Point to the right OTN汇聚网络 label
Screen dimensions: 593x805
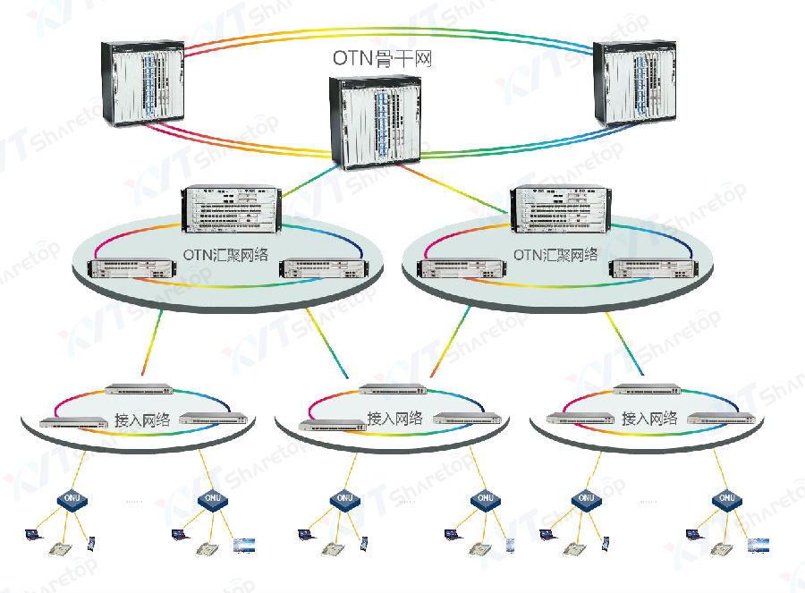point(555,255)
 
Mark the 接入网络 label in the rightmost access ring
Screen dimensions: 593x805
point(649,418)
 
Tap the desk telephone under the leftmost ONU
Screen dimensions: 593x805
point(61,548)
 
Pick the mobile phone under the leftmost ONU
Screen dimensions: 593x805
point(91,542)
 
